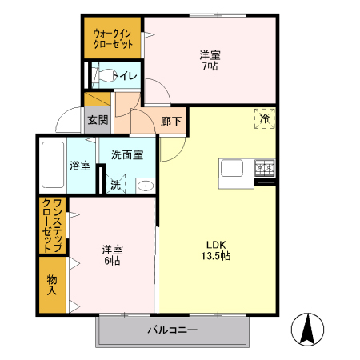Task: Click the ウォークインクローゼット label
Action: [113, 38]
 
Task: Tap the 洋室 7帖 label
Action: [210, 61]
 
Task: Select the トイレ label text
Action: [124, 77]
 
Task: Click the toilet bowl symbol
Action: [101, 77]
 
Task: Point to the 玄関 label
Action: [97, 121]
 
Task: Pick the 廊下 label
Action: [170, 121]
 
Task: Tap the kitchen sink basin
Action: [233, 169]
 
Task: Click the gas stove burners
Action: [264, 167]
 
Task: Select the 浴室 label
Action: [80, 166]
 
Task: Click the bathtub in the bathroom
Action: [52, 166]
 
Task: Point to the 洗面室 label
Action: [126, 155]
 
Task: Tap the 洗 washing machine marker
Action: [115, 183]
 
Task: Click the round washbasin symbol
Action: [145, 186]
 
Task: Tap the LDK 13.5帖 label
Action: [218, 250]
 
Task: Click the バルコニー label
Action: [171, 330]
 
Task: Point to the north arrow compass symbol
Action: [308, 329]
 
